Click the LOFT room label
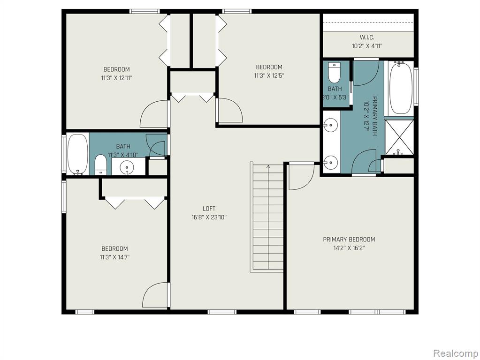[x=209, y=209]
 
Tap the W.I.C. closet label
[x=367, y=37]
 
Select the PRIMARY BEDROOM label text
[x=349, y=239]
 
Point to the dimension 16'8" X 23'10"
[x=209, y=217]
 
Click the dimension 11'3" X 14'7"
[x=114, y=257]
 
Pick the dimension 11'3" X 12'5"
[x=269, y=75]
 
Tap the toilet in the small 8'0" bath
[x=334, y=73]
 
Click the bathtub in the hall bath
[x=78, y=155]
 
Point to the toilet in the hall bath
[x=100, y=165]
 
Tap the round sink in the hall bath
[x=127, y=167]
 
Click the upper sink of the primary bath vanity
[x=331, y=125]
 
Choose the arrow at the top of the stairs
[x=268, y=167]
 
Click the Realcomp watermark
[x=455, y=353]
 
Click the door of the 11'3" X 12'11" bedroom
[x=154, y=114]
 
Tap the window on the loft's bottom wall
[x=222, y=312]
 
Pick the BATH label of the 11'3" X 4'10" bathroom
[x=123, y=147]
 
